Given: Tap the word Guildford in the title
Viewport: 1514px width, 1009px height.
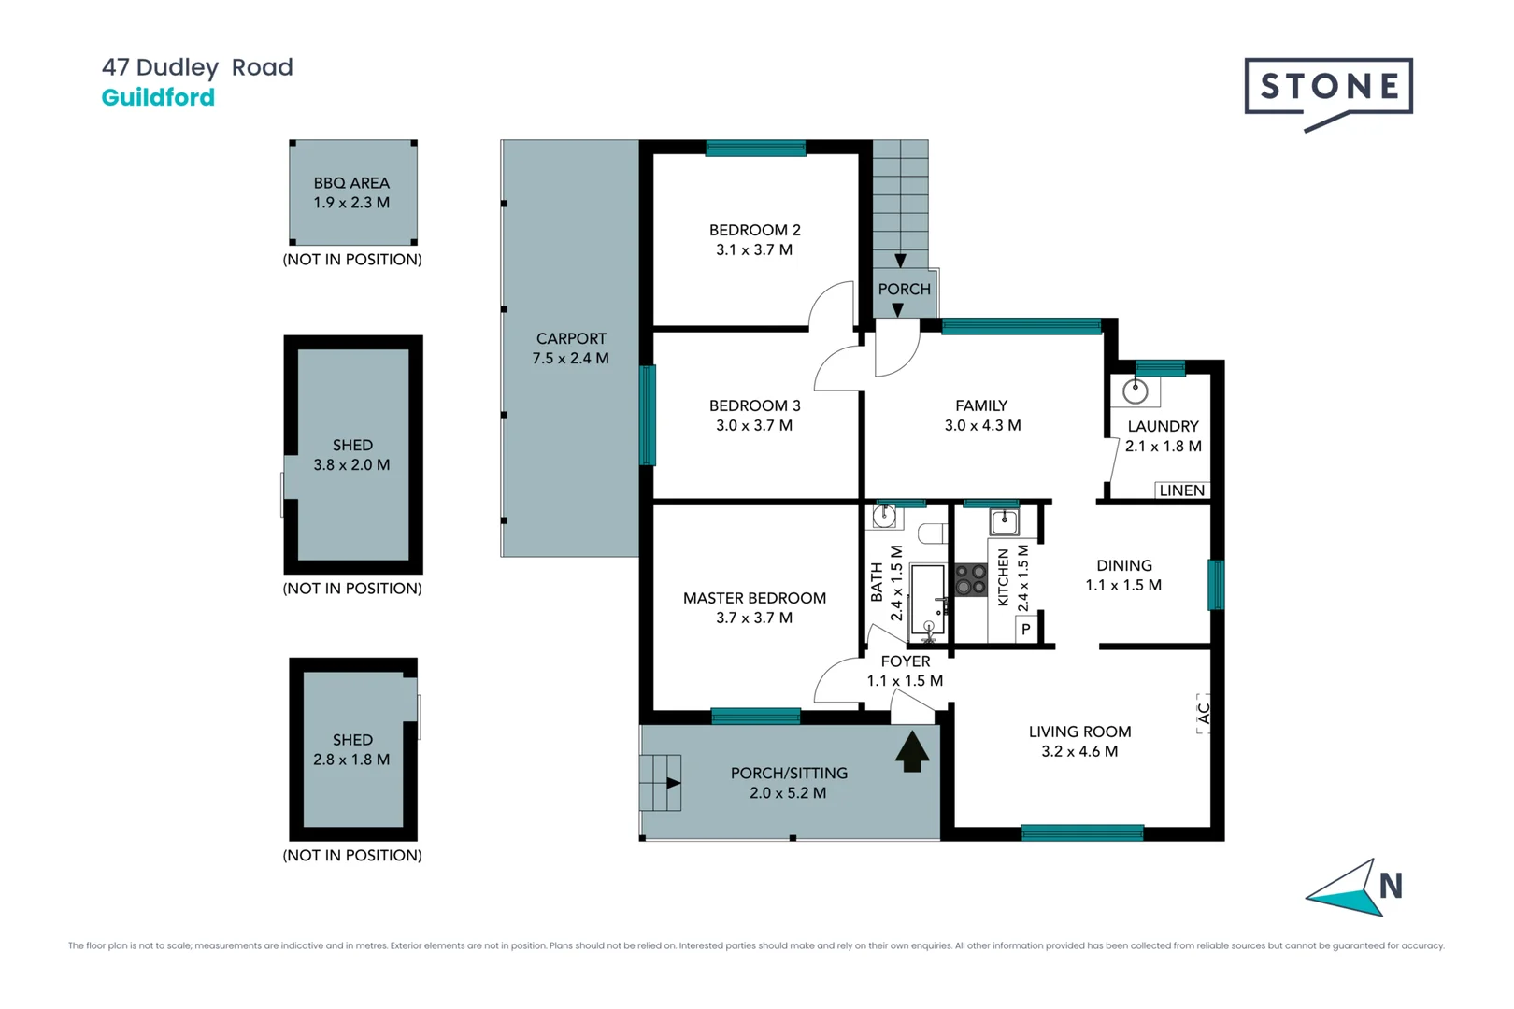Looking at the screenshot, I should pos(158,97).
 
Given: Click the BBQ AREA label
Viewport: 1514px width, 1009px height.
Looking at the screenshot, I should pos(351,183).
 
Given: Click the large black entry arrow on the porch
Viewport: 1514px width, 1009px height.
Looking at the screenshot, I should pos(912,751).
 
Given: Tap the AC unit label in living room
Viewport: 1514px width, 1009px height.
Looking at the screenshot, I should pos(1204,713).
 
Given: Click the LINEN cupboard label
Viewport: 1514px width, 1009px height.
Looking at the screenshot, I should pos(1181,490).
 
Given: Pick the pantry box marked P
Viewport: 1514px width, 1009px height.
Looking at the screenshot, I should pos(1026,630).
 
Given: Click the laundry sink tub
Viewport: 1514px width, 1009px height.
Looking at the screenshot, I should pos(1135,391).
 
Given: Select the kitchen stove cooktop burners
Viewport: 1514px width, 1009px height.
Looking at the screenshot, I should pos(971,580).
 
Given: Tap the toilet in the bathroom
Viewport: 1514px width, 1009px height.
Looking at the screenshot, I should pos(932,533).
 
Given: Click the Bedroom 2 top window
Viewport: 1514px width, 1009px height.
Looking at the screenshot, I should pos(755,148).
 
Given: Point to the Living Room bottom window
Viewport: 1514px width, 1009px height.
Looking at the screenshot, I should pos(1081,832).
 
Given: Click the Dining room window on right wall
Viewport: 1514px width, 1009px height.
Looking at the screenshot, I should pos(1215,585).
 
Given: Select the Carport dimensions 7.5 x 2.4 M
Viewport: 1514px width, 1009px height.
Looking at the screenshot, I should pos(570,359).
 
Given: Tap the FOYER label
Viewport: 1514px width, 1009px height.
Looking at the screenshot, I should pos(905,661).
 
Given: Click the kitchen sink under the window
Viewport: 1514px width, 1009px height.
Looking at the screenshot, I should pos(1004,520).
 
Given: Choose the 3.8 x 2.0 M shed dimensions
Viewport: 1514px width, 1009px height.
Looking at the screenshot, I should pos(351,465).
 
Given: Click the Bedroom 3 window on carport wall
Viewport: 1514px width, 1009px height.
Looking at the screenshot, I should pos(647,415).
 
